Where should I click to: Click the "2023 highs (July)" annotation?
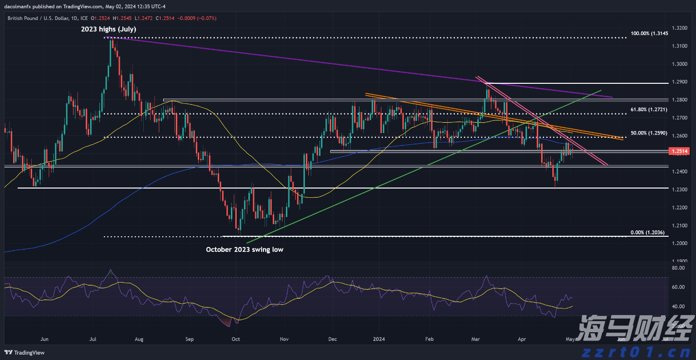click(x=108, y=29)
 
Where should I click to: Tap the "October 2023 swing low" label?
click(x=244, y=249)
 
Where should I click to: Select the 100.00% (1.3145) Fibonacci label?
click(x=649, y=33)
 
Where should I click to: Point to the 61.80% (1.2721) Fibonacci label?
click(x=649, y=110)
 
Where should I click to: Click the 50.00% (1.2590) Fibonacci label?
click(x=649, y=133)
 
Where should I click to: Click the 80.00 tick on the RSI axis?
click(x=678, y=268)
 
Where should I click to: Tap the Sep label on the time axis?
click(x=189, y=338)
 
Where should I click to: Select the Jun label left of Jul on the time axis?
click(x=44, y=338)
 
